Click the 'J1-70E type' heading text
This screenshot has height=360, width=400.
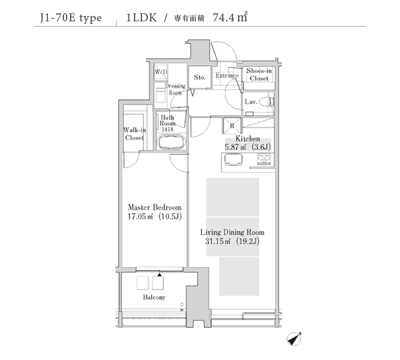[71, 18]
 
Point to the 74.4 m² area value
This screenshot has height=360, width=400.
[230, 17]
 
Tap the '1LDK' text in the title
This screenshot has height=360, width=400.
[141, 17]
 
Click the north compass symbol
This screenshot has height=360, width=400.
[294, 339]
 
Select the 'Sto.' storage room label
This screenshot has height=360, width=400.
[199, 77]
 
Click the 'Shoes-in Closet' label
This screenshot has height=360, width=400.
[259, 75]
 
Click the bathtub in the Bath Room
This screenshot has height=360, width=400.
[171, 143]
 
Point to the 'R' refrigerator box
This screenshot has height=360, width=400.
[232, 125]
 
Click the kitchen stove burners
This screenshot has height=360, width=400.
[264, 159]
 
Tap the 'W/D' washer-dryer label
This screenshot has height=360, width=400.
[161, 72]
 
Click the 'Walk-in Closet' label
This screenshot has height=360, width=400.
[135, 134]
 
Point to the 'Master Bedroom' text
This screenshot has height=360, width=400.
[155, 207]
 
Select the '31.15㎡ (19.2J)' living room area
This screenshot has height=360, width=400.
[232, 241]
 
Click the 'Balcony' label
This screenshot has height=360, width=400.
[154, 297]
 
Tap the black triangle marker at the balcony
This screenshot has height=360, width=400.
[159, 275]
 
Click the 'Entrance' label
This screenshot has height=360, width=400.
[227, 75]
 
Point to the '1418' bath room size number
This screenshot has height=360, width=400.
[167, 129]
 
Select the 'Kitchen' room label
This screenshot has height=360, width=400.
[247, 139]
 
